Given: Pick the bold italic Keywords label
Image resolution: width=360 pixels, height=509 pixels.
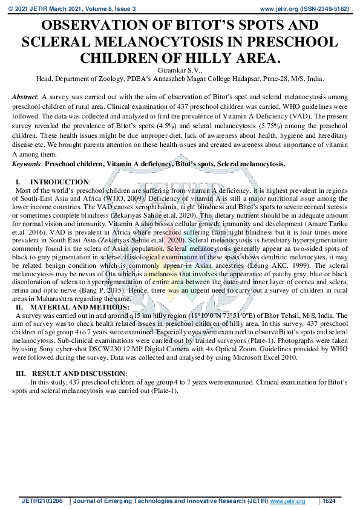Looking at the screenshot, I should [x=27, y=164].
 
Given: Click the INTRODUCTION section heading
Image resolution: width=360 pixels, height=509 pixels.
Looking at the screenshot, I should [x=59, y=182].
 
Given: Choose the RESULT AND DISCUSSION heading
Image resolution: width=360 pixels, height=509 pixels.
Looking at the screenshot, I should [x=79, y=374].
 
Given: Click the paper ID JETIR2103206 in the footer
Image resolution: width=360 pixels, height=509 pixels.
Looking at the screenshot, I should [x=42, y=501].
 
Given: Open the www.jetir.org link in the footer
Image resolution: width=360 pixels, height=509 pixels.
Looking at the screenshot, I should [x=287, y=501].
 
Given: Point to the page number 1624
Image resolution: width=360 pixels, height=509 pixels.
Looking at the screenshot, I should [x=329, y=501].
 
